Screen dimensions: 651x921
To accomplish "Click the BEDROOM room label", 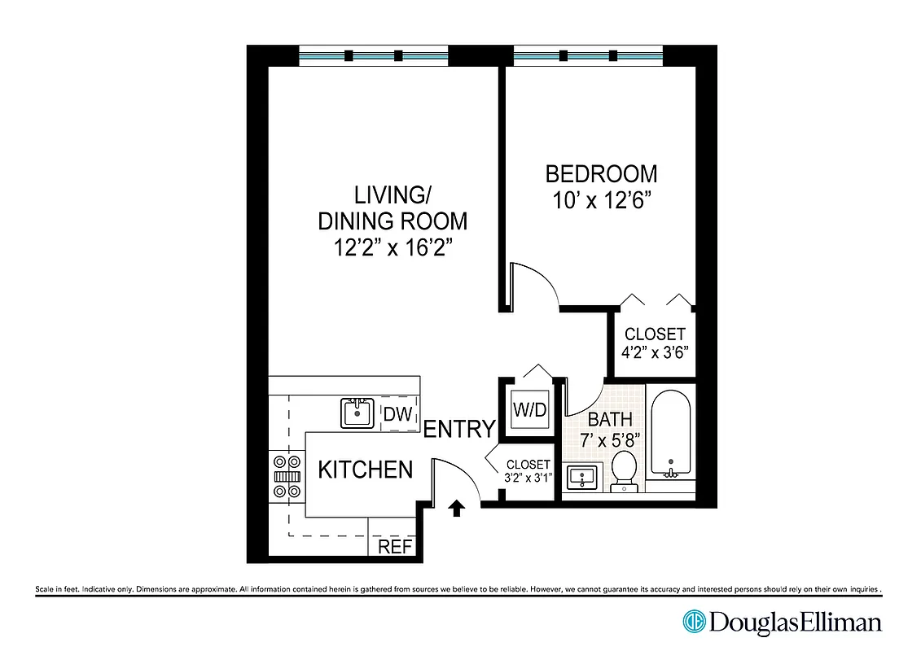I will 601,174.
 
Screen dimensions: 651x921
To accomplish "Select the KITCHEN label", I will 365,470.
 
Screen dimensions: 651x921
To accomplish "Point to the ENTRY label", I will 459,429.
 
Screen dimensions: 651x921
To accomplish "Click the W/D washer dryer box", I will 529,411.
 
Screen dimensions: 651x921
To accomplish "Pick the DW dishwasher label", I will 397,413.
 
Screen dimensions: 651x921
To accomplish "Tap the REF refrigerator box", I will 396,547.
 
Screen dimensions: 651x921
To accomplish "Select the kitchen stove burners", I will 287,476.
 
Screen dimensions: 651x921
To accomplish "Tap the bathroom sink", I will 581,478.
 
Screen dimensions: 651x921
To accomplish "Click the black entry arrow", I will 457,509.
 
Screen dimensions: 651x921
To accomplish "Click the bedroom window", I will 590,56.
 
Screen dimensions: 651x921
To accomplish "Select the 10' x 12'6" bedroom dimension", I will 604,201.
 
